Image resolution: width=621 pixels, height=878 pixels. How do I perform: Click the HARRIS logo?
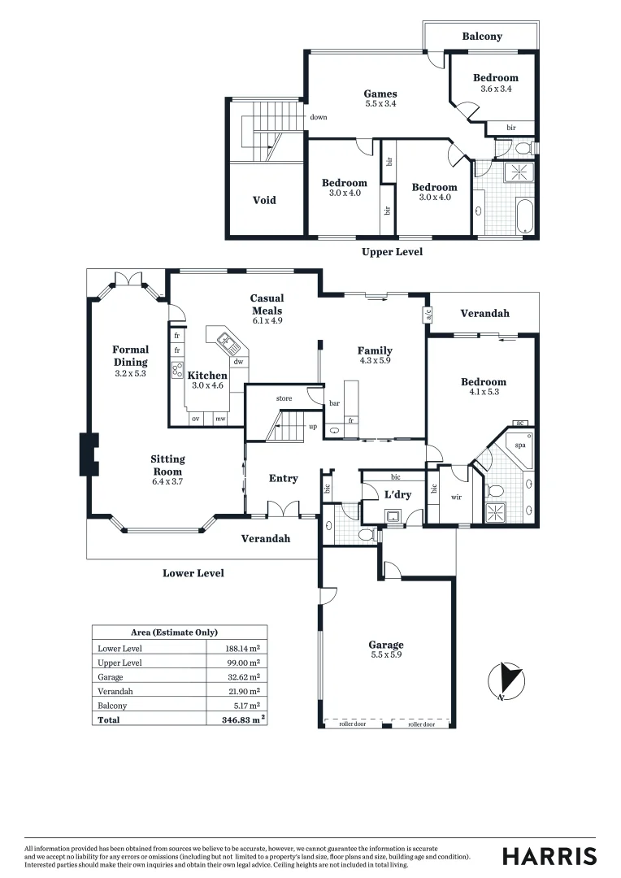click(x=549, y=856)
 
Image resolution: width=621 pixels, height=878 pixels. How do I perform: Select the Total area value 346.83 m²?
click(x=245, y=719)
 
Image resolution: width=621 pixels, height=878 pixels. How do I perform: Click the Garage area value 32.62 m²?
click(x=242, y=676)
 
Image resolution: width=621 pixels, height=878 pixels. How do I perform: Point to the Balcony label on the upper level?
click(x=482, y=37)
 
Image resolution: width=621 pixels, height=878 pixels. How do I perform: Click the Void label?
click(x=264, y=200)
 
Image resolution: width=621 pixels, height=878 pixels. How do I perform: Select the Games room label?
click(x=380, y=94)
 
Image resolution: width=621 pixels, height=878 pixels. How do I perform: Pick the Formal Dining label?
click(x=131, y=355)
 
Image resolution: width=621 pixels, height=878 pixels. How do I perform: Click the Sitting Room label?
click(x=167, y=465)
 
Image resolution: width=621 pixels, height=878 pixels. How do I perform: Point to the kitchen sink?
click(x=223, y=338)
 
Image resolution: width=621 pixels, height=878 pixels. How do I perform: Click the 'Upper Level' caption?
click(x=392, y=252)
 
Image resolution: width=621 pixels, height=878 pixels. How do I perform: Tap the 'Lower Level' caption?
click(x=193, y=573)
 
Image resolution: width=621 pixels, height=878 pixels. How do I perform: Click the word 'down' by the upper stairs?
click(x=318, y=117)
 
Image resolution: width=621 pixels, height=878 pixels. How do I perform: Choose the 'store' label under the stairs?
click(x=284, y=398)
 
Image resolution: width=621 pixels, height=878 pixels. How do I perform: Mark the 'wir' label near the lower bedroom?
click(x=456, y=497)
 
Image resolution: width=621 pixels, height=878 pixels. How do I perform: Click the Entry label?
click(x=283, y=479)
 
